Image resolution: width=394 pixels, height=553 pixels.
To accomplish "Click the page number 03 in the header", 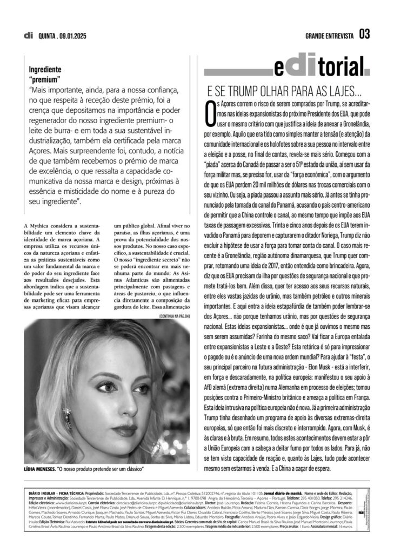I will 364,35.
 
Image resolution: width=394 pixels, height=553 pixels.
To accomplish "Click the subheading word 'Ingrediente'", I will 45,70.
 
